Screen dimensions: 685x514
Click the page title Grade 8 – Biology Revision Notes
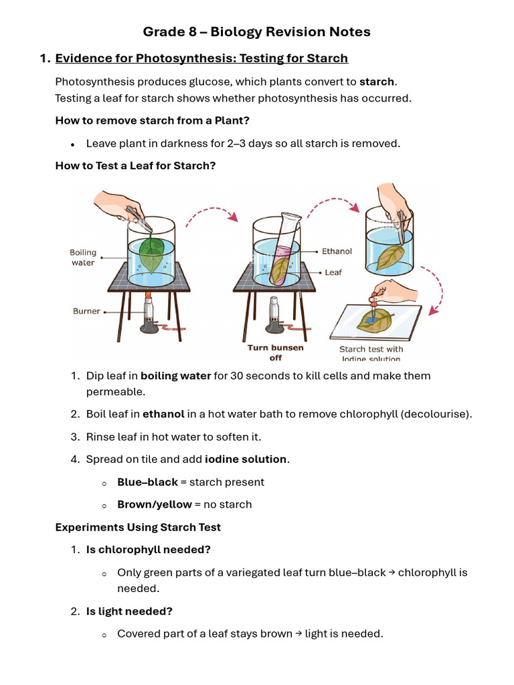coord(256,31)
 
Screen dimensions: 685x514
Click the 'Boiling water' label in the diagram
coord(83,258)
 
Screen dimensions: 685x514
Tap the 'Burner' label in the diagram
coord(86,311)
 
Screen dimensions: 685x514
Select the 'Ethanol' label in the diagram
coord(337,252)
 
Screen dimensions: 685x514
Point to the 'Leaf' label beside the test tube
coord(333,273)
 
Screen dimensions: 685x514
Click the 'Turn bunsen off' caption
coord(275,353)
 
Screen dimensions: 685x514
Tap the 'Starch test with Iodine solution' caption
coord(371,354)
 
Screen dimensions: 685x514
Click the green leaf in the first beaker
coord(153,254)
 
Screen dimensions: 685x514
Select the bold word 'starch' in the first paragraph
coord(377,82)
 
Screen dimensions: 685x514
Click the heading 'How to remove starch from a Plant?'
coord(152,121)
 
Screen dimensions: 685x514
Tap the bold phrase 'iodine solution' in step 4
coord(246,460)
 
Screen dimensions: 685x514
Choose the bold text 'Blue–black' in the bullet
coord(147,482)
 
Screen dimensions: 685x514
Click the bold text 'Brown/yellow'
coord(154,504)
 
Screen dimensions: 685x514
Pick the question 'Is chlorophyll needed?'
coord(148,549)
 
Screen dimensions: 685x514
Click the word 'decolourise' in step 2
coord(436,414)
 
